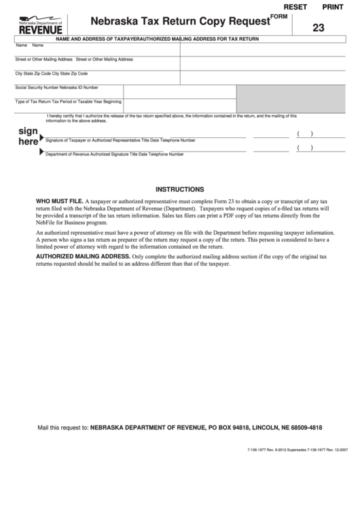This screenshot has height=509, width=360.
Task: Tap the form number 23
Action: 319,29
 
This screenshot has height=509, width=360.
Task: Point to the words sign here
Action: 28,136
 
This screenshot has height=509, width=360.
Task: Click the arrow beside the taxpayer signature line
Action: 42,139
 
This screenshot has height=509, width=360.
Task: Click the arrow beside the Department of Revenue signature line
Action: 42,153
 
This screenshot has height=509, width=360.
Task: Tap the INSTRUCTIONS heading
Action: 180,189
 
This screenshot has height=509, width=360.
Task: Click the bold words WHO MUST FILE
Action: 60,202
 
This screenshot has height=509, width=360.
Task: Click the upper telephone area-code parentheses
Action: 304,134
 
